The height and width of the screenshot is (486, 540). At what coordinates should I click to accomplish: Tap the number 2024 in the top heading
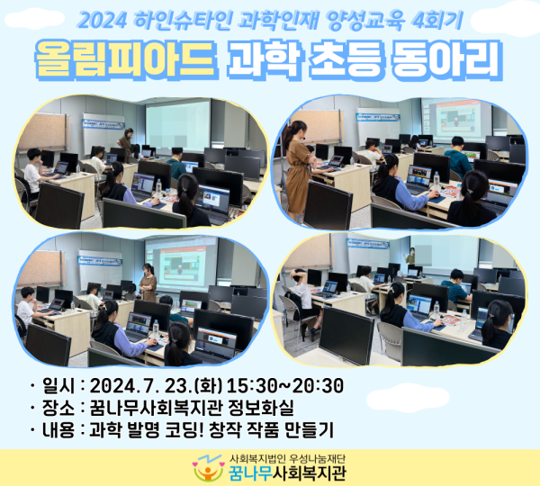[102, 17]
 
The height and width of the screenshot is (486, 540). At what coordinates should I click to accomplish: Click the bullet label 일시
[56, 386]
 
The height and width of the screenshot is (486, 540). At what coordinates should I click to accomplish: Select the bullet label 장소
[56, 408]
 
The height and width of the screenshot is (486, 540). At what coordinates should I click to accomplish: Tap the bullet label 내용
[56, 429]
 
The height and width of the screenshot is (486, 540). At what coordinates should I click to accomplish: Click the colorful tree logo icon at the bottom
[206, 470]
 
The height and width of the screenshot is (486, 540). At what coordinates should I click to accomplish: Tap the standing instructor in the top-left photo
[126, 144]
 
